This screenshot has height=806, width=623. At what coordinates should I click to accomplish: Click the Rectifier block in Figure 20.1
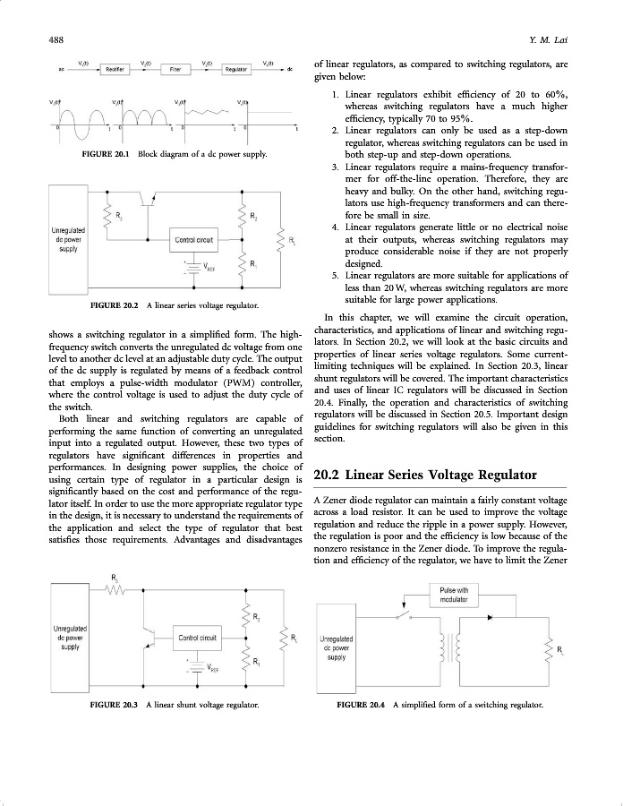pyautogui.click(x=114, y=68)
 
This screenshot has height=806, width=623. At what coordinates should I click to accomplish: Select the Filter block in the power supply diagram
pyautogui.click(x=176, y=68)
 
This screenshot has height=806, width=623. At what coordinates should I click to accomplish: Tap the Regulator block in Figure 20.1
pyautogui.click(x=236, y=68)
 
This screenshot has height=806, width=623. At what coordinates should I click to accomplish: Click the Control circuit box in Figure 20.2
pyautogui.click(x=194, y=240)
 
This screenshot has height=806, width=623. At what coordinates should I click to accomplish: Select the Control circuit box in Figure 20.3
pyautogui.click(x=199, y=638)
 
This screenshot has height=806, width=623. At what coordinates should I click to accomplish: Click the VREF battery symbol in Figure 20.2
pyautogui.click(x=193, y=267)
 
